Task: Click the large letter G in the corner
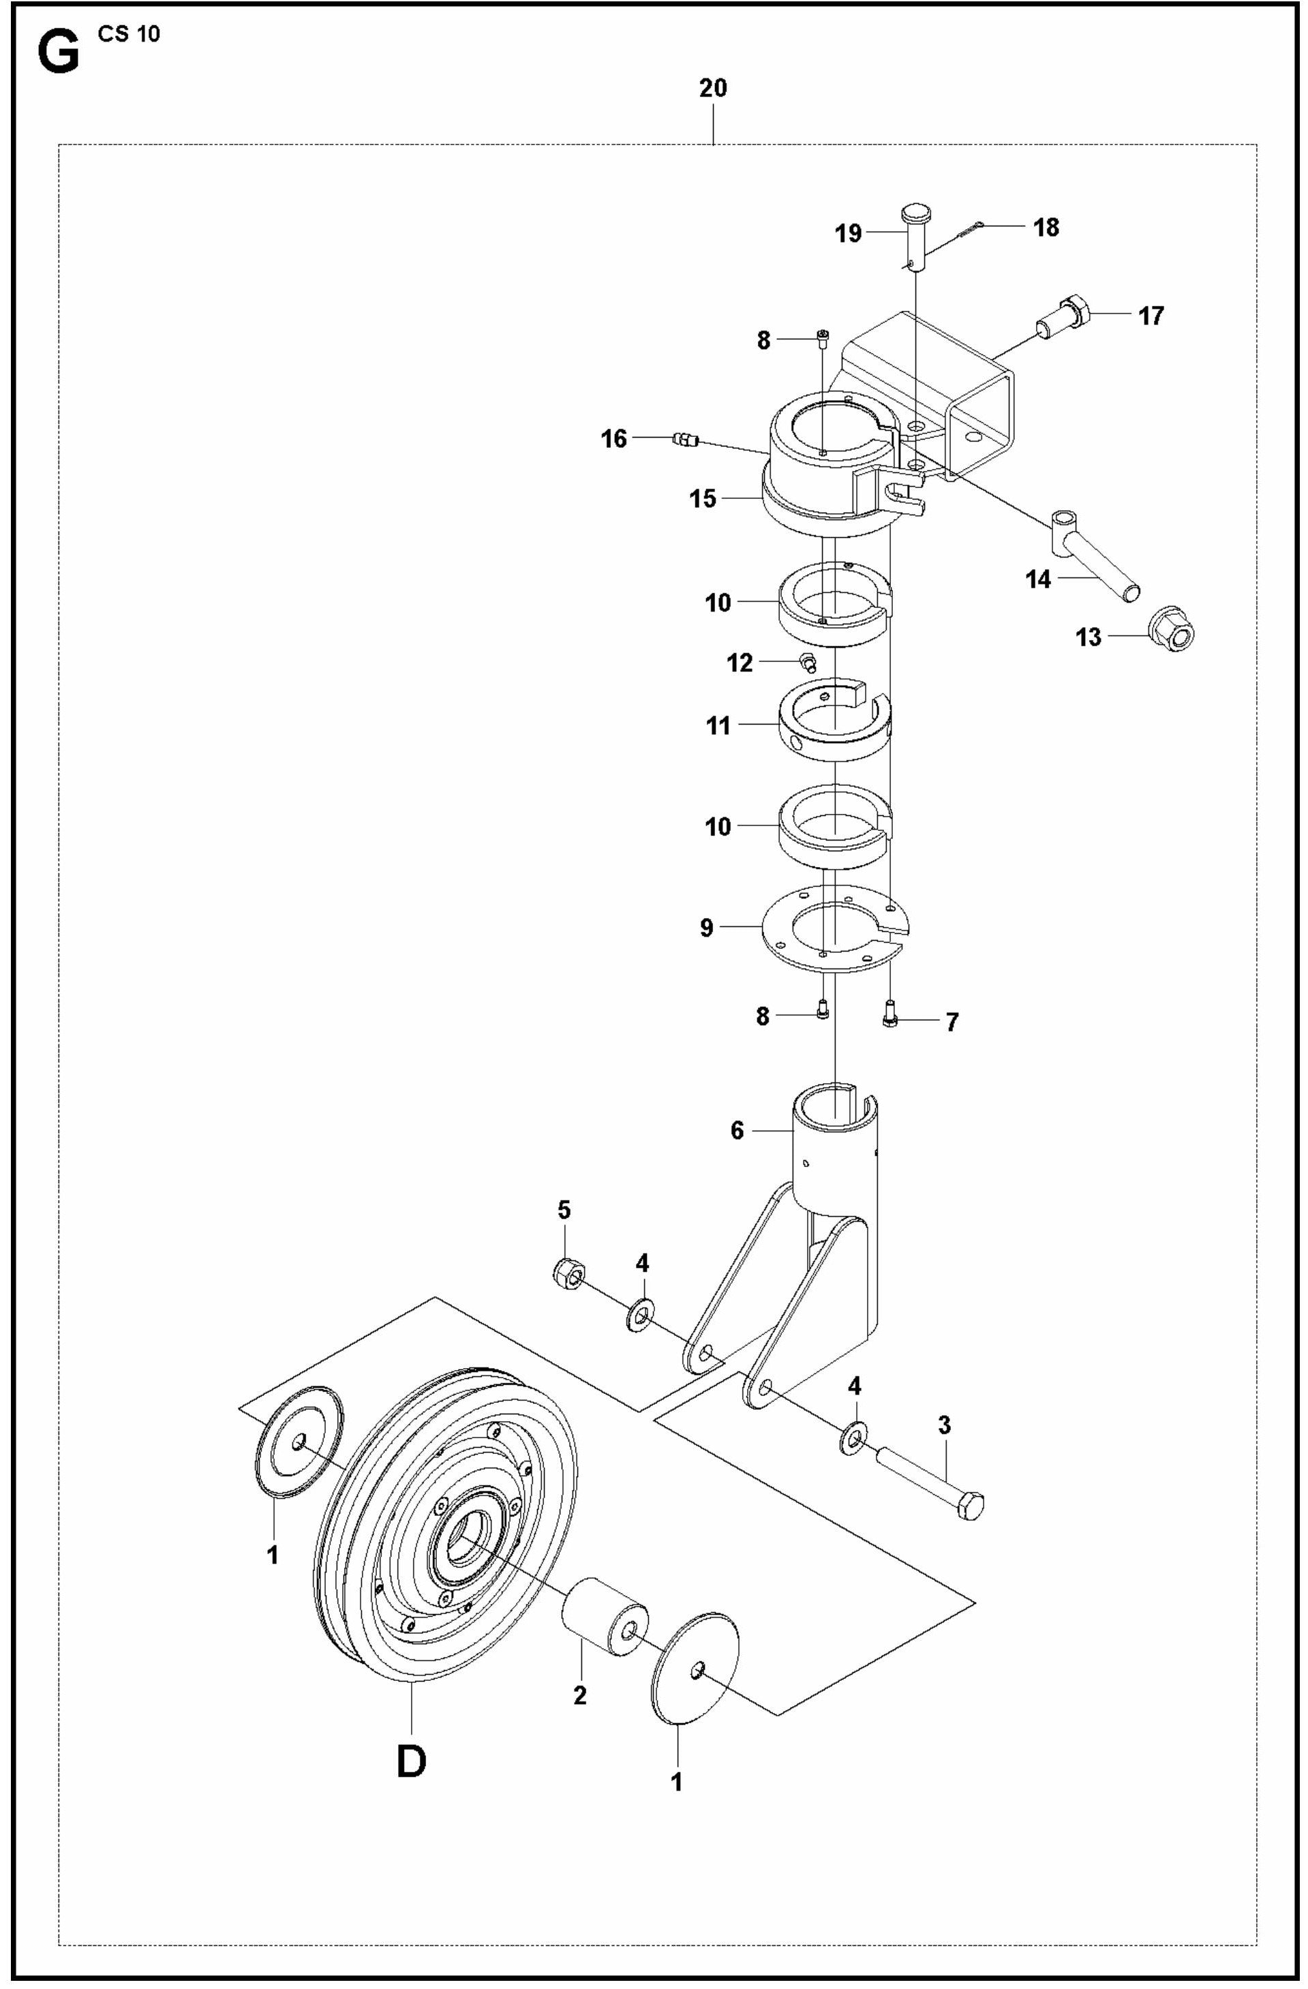(59, 55)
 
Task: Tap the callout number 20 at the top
(712, 88)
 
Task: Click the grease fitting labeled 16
(684, 439)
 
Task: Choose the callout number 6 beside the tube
(736, 1130)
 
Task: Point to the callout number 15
(702, 499)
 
